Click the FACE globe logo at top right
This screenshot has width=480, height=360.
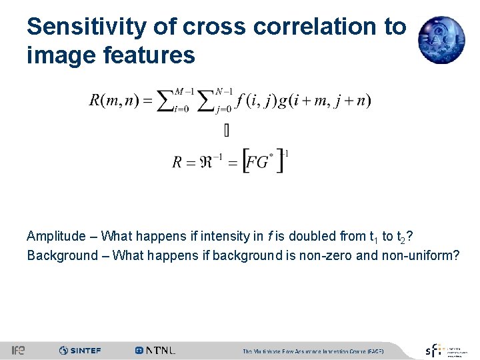[441, 39]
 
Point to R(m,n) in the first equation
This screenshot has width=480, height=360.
[113, 101]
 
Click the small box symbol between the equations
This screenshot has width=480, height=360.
[227, 131]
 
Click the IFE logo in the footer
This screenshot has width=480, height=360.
[18, 350]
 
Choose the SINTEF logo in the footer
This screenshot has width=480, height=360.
[80, 350]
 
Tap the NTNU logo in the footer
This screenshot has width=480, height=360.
[155, 350]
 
